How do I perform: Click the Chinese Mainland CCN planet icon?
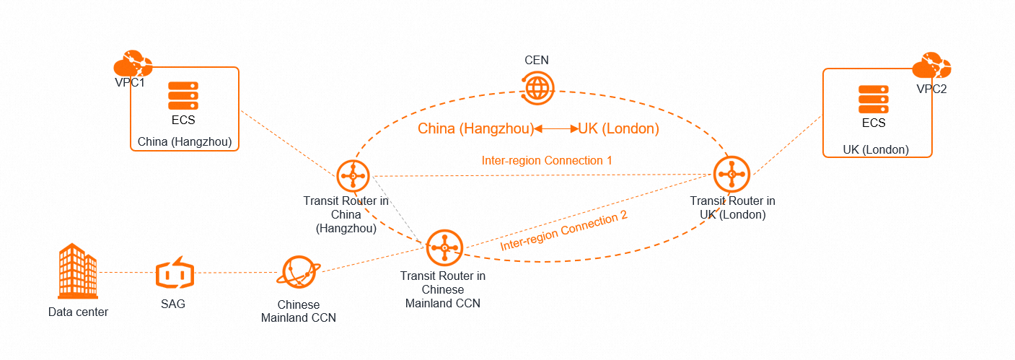coord(298,273)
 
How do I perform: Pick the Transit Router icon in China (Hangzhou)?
coord(353,175)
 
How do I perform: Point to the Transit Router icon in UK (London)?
coord(731,173)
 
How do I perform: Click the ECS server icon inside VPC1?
coord(183,95)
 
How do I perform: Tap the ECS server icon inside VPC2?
coord(873,99)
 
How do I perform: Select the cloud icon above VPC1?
coord(133,63)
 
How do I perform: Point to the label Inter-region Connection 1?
coord(547,160)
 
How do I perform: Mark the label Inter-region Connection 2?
coord(564,230)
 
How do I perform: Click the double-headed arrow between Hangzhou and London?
coord(555,129)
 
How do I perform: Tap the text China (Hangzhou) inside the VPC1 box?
coord(185,142)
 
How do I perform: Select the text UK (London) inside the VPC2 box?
coord(876,149)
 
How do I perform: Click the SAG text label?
coord(173,304)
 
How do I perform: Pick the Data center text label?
coord(78,312)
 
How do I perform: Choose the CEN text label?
coord(537,60)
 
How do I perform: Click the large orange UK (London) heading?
coord(618,129)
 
